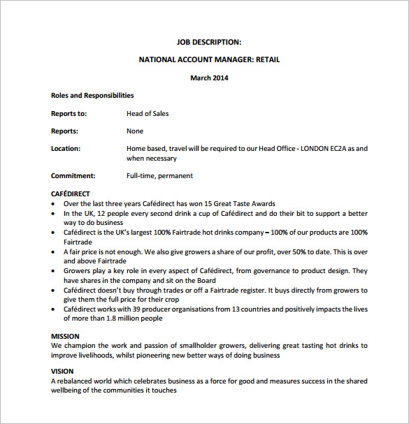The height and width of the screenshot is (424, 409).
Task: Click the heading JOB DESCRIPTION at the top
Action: pyautogui.click(x=209, y=42)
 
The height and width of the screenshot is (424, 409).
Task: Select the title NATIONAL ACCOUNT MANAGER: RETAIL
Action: pyautogui.click(x=209, y=60)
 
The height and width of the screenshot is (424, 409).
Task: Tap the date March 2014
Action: pyautogui.click(x=209, y=78)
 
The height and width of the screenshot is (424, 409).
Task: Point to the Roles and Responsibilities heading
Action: pyautogui.click(x=92, y=96)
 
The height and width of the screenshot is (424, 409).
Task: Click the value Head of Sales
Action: pyautogui.click(x=148, y=114)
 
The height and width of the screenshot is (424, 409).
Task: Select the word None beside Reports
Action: pyautogui.click(x=135, y=131)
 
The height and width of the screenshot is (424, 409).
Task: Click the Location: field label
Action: pyautogui.click(x=66, y=149)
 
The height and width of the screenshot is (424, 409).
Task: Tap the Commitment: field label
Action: pyautogui.click(x=73, y=176)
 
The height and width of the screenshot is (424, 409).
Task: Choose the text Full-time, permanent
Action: pyautogui.click(x=159, y=176)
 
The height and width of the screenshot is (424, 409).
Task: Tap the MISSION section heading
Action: pyautogui.click(x=65, y=337)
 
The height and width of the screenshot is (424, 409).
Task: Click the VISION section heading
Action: pyautogui.click(x=62, y=372)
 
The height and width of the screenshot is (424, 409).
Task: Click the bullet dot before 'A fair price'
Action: pyautogui.click(x=55, y=251)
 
